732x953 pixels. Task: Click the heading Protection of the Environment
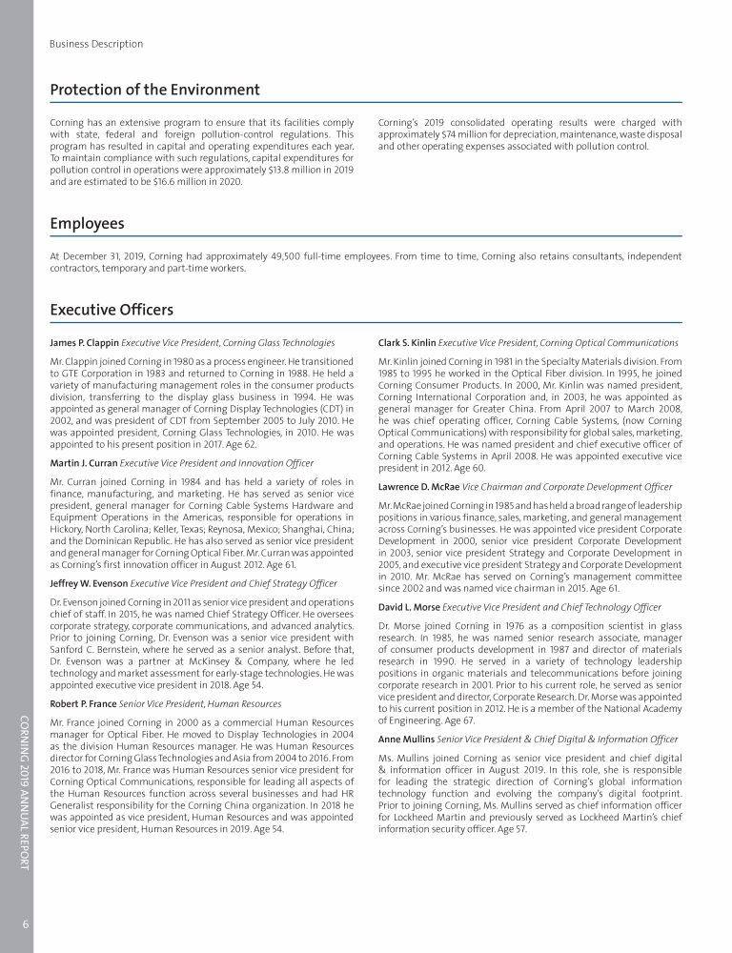154,90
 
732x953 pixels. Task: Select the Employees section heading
87,224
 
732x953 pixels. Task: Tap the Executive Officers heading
112,310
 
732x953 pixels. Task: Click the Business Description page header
96,44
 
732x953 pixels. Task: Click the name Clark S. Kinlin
407,342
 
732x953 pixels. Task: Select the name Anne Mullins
405,739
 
